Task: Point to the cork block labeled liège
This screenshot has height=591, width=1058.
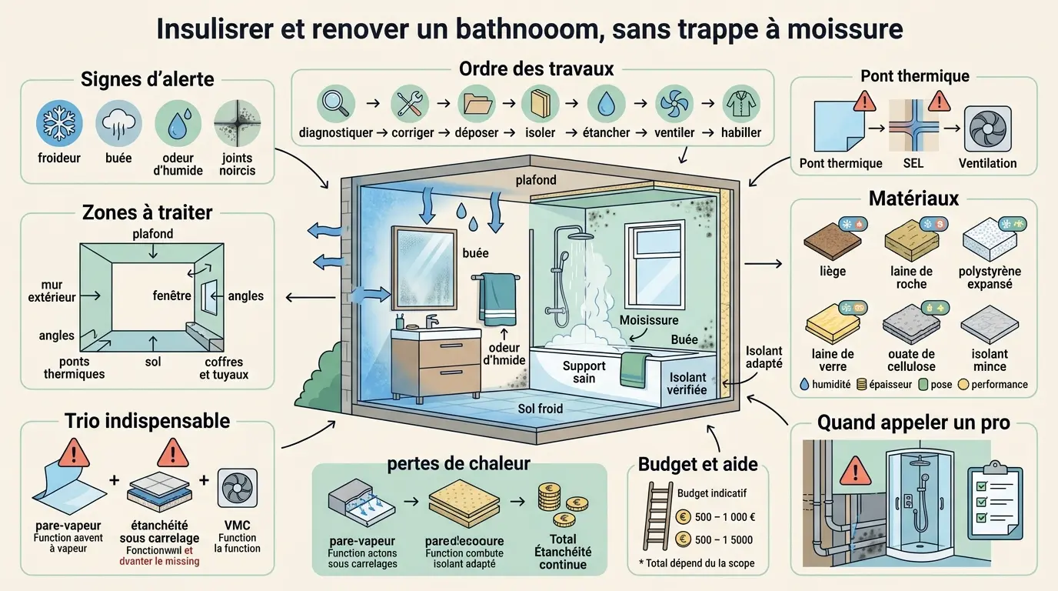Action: pos(833,240)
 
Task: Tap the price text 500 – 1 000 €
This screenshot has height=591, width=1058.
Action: pos(724,518)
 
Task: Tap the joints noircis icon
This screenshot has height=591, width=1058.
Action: pos(237,123)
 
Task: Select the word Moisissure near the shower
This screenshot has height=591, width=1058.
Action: pos(649,320)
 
